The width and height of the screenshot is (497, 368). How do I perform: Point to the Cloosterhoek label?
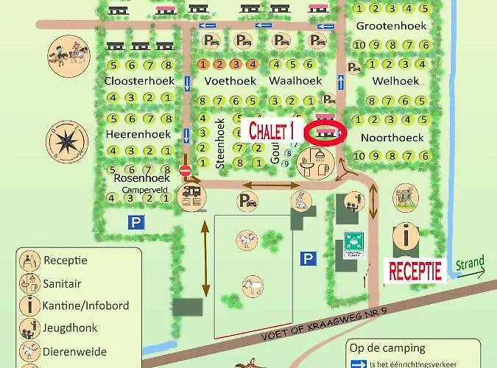tap(138, 80)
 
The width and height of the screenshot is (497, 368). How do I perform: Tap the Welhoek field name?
tap(395, 80)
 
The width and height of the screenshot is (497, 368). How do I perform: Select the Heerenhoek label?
tap(138, 135)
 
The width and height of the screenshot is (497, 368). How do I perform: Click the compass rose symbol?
tap(67, 141)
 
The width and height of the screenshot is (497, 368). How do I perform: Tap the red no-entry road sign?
tap(186, 170)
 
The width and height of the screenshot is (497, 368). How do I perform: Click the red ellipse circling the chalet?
tap(328, 134)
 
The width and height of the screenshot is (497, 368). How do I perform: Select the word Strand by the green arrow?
tap(470, 263)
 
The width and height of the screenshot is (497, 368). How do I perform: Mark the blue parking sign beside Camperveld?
tap(135, 222)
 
